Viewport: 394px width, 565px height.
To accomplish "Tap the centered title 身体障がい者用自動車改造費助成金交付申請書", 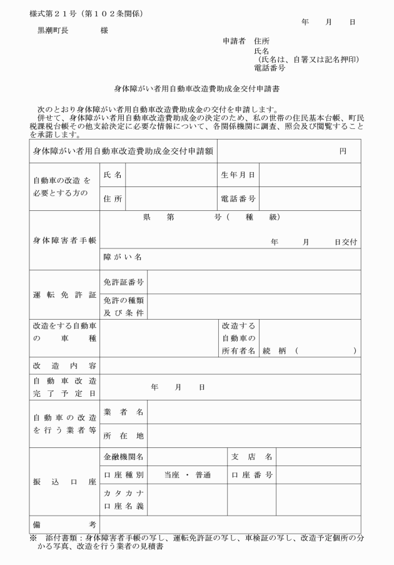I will tap(196, 89).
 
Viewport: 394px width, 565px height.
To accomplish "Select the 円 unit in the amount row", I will tap(343, 151).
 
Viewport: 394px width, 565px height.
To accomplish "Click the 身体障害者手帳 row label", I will tap(64, 240).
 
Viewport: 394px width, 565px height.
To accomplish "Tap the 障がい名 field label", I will tap(123, 257).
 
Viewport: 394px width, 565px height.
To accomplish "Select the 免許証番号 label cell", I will tap(124, 282).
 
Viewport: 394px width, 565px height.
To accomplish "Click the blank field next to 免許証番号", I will tap(253, 282).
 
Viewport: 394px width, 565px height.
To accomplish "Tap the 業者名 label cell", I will tap(124, 412).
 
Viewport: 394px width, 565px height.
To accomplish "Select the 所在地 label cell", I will tap(124, 435).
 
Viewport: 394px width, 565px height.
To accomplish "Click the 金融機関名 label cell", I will tap(124, 457).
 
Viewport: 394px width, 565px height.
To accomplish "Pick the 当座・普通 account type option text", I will tap(187, 475).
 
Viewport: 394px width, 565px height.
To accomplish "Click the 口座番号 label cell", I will tap(251, 475).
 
